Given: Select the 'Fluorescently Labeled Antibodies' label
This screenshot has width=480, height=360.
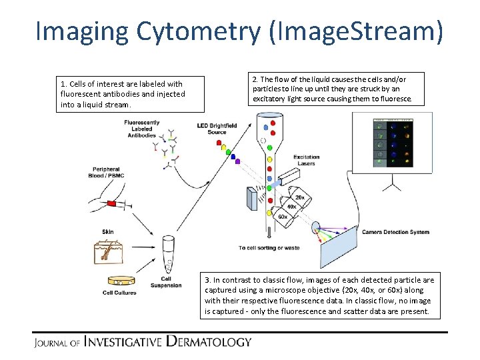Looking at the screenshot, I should (141, 129).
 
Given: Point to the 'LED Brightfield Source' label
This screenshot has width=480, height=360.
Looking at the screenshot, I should (216, 129).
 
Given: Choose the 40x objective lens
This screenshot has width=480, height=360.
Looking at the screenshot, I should (291, 207).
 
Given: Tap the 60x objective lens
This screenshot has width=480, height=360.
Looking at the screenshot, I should (282, 217).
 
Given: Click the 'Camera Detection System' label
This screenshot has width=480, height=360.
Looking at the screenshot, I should (395, 232).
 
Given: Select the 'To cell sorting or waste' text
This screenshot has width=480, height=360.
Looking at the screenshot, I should (269, 248).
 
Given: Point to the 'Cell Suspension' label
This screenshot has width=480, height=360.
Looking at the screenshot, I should (170, 282).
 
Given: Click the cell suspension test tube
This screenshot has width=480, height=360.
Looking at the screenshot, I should (168, 253).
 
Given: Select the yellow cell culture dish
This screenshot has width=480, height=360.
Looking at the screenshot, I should (119, 281).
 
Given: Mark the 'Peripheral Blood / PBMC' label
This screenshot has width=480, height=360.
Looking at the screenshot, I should (106, 172).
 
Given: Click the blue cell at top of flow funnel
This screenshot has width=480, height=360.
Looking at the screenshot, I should (267, 125).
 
